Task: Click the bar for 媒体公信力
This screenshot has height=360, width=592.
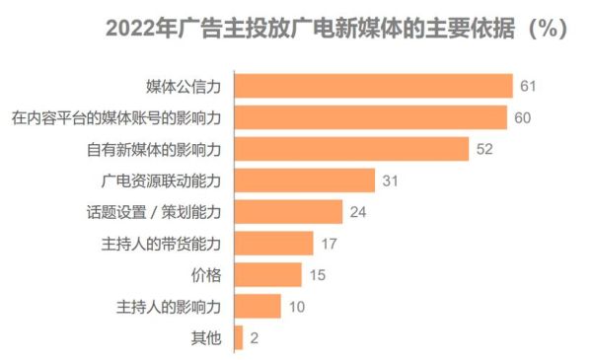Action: (374, 87)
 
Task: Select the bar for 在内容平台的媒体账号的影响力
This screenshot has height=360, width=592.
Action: (371, 118)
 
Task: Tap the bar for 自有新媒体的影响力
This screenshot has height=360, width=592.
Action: (351, 150)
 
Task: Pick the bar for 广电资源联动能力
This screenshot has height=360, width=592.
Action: (305, 180)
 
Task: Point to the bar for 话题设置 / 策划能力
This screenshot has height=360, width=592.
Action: (288, 212)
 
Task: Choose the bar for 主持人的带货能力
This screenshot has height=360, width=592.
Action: (273, 244)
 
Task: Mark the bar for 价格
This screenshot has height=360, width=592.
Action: (268, 275)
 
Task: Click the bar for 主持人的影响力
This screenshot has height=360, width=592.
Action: (258, 307)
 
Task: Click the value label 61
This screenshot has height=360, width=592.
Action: (528, 87)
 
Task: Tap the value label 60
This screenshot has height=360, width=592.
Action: (523, 118)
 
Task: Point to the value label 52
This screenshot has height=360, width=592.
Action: (483, 150)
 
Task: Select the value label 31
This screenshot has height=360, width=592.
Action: (390, 180)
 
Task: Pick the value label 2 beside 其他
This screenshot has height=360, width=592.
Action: (255, 338)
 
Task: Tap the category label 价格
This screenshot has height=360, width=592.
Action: (205, 275)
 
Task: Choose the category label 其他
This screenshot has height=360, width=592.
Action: (205, 338)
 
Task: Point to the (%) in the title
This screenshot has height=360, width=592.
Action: (547, 29)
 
